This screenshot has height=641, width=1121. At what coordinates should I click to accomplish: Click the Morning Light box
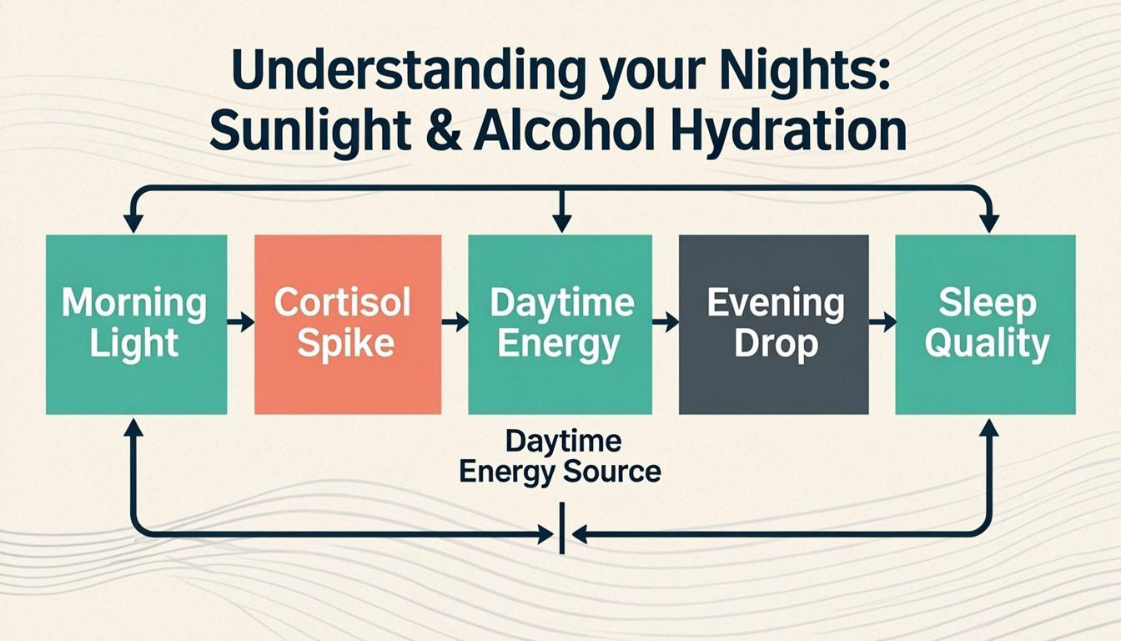[136, 324]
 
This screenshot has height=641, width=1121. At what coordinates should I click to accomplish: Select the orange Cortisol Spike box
[347, 324]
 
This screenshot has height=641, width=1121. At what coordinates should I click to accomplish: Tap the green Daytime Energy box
[560, 324]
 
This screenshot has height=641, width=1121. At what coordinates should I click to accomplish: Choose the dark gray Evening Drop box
[773, 324]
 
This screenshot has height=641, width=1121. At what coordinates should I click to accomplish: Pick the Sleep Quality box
[985, 324]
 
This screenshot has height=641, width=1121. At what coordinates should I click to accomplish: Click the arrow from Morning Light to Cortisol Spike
[241, 322]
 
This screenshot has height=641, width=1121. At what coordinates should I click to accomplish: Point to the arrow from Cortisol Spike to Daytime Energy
[455, 322]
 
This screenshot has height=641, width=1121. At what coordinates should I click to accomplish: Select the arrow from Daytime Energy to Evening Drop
[666, 322]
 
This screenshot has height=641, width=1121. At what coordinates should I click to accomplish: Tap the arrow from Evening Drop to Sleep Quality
[882, 322]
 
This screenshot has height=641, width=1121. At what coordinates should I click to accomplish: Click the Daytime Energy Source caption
[560, 457]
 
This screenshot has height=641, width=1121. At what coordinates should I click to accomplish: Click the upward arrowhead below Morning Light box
[133, 427]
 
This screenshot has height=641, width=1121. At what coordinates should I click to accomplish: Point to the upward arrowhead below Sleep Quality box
[988, 427]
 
